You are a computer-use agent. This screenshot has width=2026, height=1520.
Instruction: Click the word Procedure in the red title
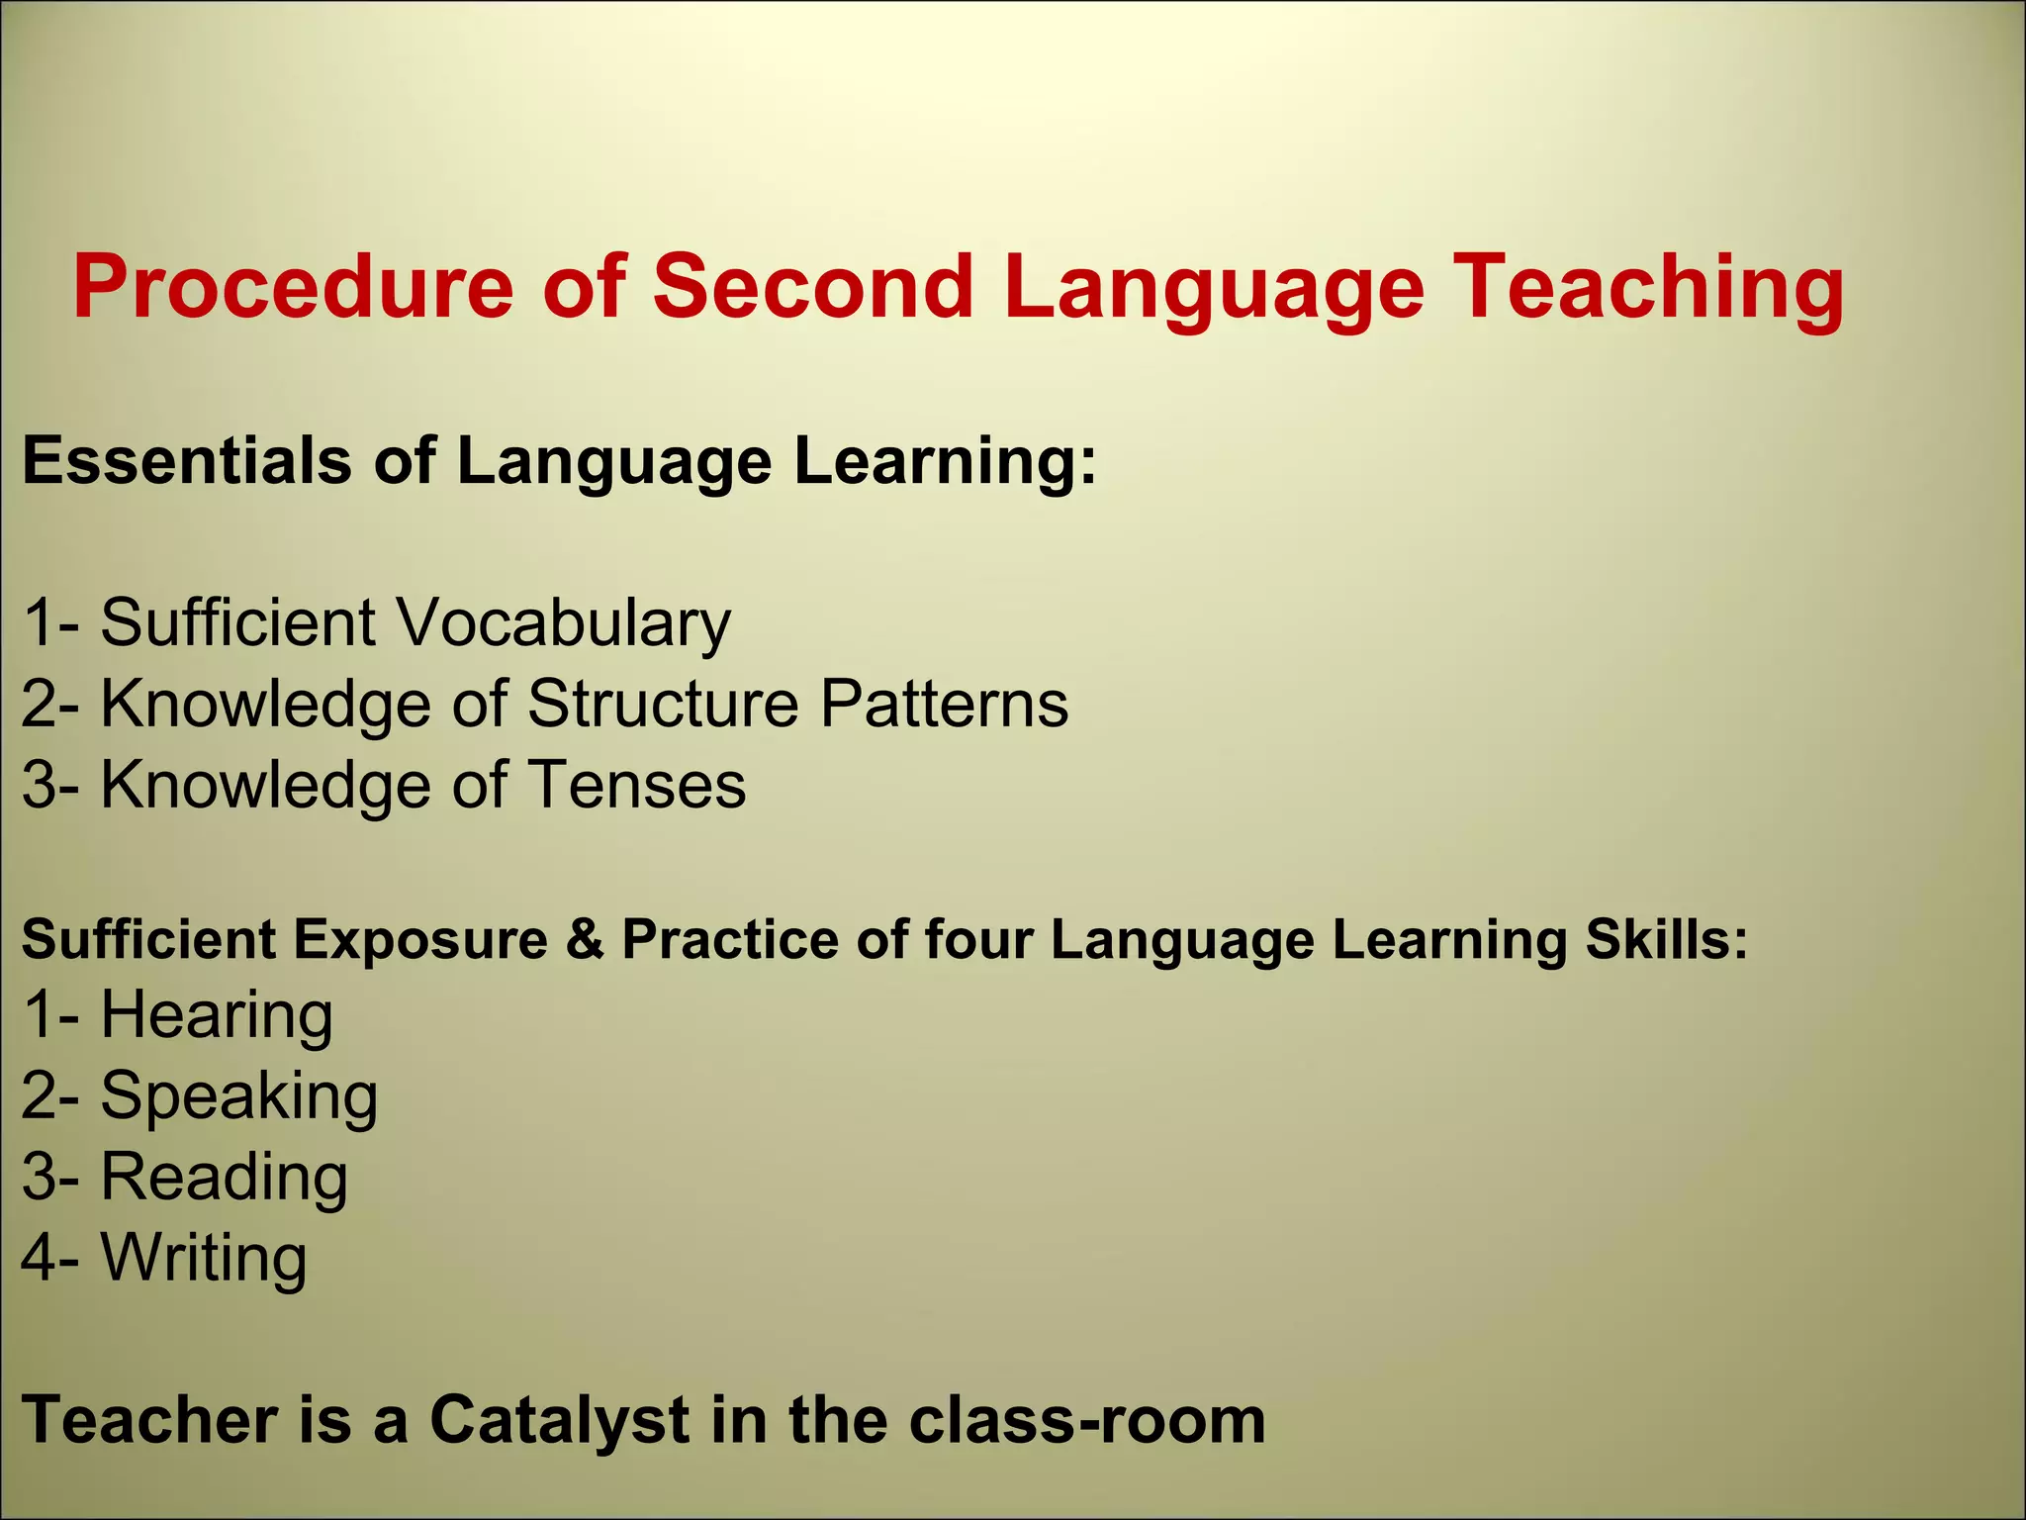coord(293,288)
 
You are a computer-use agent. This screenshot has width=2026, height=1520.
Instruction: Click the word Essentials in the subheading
coord(187,461)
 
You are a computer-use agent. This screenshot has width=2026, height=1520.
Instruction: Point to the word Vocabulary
coord(564,623)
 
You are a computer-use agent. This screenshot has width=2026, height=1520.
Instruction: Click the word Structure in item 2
coord(663,705)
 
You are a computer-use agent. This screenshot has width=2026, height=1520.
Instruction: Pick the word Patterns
coord(944,705)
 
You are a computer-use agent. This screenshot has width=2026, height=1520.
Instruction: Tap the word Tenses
coord(636,786)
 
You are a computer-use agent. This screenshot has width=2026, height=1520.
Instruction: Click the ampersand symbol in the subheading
coord(585,939)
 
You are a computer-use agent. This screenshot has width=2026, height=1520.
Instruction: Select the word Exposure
coord(420,940)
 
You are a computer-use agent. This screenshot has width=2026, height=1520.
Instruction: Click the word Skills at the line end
coord(1667,940)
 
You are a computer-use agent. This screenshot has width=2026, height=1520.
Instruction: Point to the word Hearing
coord(217,1016)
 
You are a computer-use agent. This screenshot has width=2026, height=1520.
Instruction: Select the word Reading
coord(224,1179)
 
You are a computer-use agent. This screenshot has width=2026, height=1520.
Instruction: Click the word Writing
coord(204,1259)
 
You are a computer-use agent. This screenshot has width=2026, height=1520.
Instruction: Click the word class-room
coord(1087,1421)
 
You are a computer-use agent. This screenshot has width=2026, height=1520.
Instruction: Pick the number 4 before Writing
coord(40,1259)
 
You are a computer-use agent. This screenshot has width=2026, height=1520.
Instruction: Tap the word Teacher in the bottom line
coord(149,1421)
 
